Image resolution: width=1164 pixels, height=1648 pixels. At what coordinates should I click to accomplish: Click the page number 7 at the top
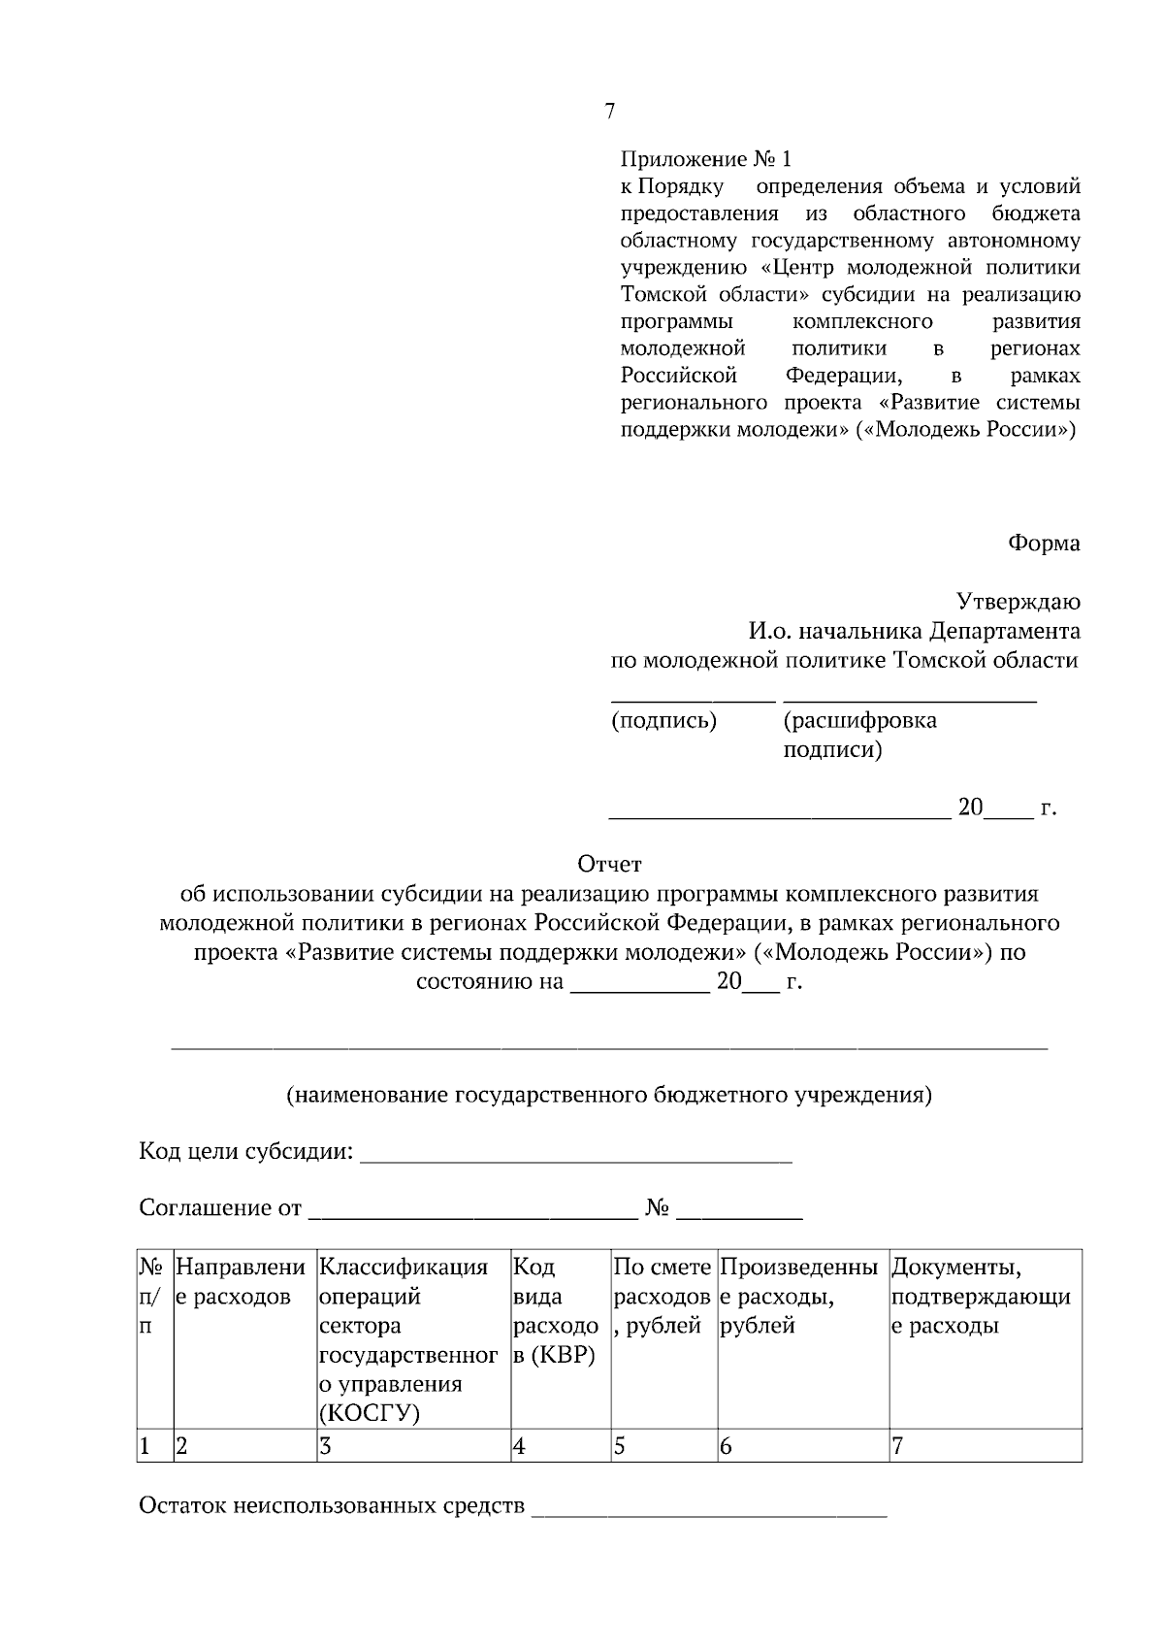[609, 112]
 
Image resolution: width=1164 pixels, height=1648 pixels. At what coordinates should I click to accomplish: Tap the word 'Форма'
[1044, 543]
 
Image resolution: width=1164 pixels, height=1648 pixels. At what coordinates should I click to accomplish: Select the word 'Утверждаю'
[1018, 602]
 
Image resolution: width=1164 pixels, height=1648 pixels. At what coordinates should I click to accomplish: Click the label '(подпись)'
[663, 720]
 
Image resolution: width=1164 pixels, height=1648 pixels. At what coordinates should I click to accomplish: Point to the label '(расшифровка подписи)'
[859, 735]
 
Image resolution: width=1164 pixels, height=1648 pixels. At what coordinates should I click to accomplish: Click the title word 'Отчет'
[609, 863]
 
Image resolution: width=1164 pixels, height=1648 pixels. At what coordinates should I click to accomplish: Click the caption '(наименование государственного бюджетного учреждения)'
[609, 1095]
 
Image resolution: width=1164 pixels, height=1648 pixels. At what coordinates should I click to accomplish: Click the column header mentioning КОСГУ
[412, 1339]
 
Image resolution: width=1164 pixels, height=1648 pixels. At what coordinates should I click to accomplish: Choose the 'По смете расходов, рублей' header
[663, 1296]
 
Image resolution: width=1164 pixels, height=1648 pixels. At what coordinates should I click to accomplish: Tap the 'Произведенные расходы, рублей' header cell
[802, 1296]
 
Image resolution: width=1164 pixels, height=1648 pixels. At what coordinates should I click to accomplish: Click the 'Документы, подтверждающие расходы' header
[984, 1296]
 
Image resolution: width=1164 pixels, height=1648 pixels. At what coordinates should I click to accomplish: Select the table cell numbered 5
[663, 1446]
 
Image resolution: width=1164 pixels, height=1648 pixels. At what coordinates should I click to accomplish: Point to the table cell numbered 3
[412, 1446]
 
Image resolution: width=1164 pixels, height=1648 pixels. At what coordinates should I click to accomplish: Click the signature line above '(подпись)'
[693, 699]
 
